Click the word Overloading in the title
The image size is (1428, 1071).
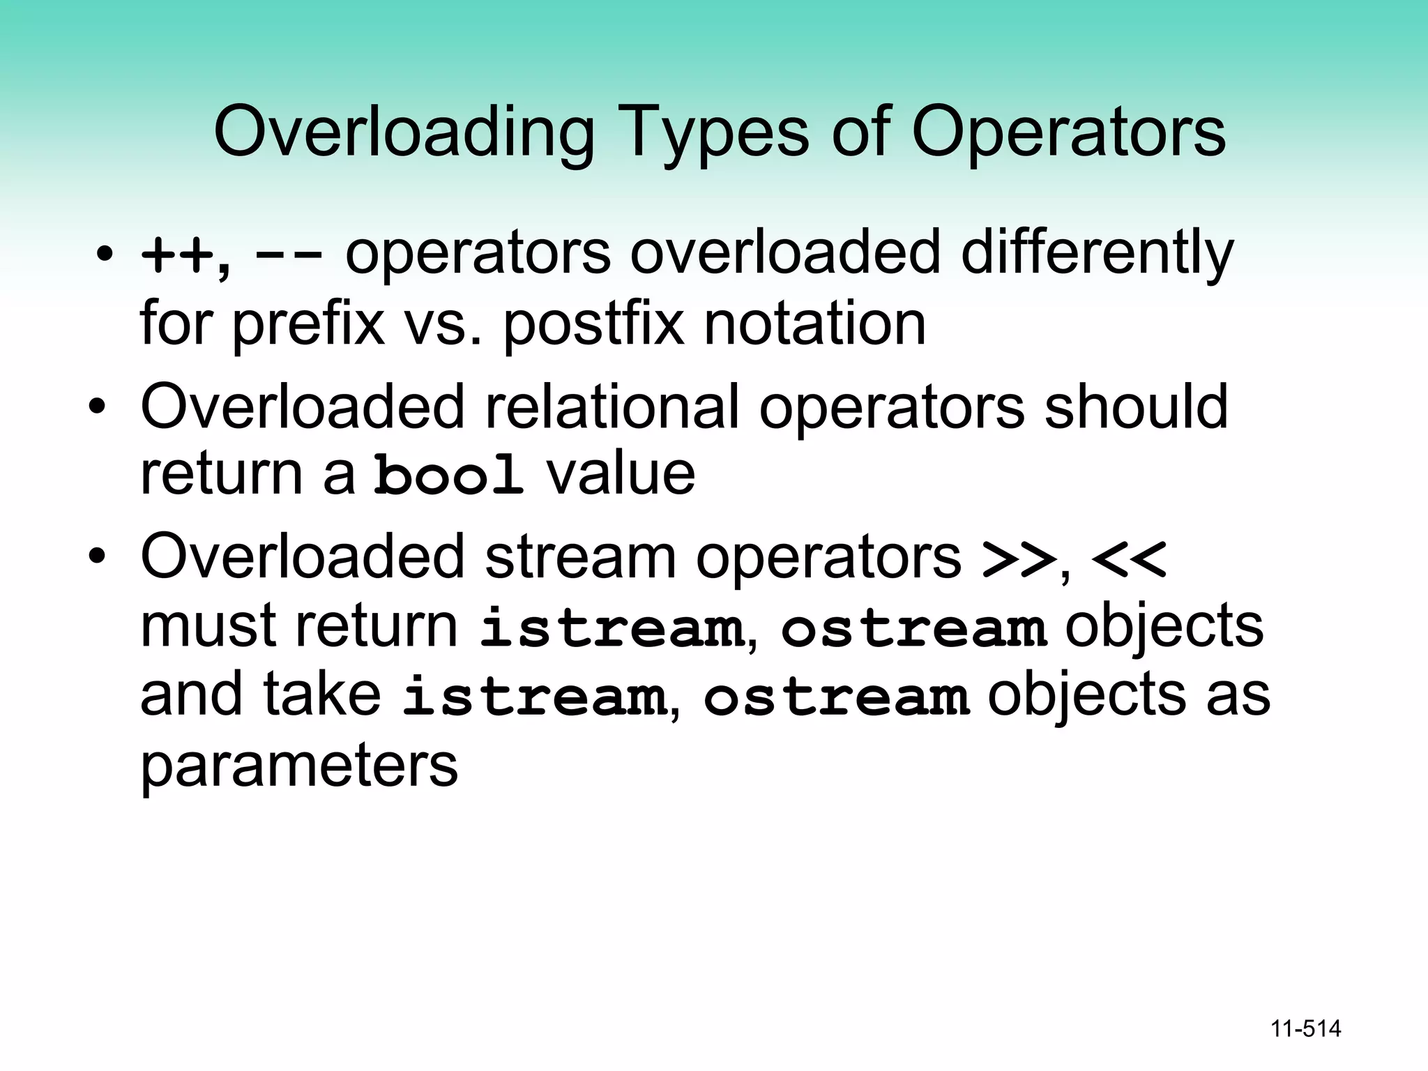(x=404, y=132)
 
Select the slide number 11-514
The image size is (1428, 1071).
(x=1305, y=1028)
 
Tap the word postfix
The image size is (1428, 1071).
(x=593, y=324)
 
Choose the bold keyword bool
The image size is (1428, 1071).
(x=448, y=475)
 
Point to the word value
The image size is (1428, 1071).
(x=621, y=475)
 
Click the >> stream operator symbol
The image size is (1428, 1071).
(x=1017, y=559)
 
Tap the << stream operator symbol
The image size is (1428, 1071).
(x=1128, y=559)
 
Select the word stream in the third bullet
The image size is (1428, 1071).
(x=580, y=557)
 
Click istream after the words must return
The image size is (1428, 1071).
(x=612, y=628)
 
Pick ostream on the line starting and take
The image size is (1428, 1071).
(x=836, y=697)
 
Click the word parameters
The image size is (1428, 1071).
(x=299, y=766)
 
